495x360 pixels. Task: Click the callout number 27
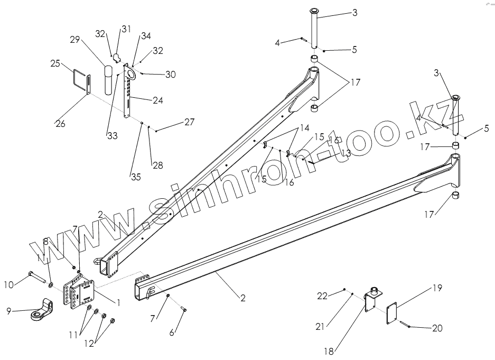pyautogui.click(x=189, y=122)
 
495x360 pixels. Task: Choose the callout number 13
pyautogui.click(x=346, y=153)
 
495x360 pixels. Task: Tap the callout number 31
pyautogui.click(x=125, y=30)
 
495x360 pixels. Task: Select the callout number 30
pyautogui.click(x=170, y=75)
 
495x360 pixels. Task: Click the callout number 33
pyautogui.click(x=111, y=136)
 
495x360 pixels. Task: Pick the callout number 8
pyautogui.click(x=46, y=242)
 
